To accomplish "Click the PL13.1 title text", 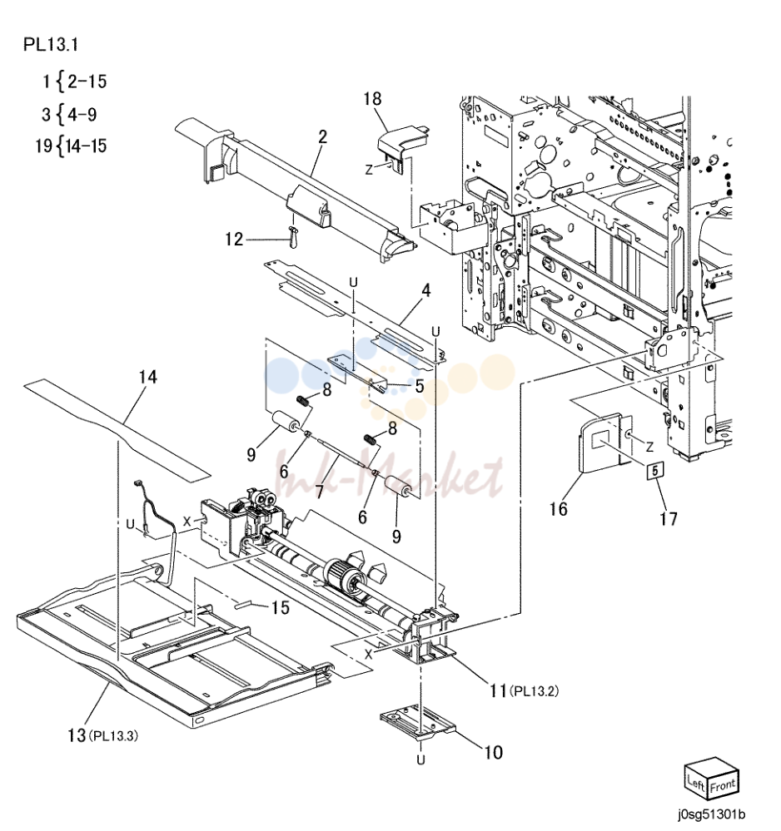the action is pyautogui.click(x=51, y=45).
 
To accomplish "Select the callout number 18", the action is pyautogui.click(x=372, y=99).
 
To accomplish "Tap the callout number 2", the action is pyautogui.click(x=323, y=136).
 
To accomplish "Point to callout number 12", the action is pyautogui.click(x=234, y=239).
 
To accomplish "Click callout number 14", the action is pyautogui.click(x=148, y=377).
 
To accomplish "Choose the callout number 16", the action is pyautogui.click(x=558, y=509).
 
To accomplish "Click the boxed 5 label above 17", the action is pyautogui.click(x=654, y=470).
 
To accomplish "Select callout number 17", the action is pyautogui.click(x=669, y=518).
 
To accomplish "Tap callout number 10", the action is pyautogui.click(x=494, y=752).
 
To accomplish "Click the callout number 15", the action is pyautogui.click(x=281, y=607).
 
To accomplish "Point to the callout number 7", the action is pyautogui.click(x=319, y=492).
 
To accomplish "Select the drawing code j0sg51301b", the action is pyautogui.click(x=711, y=814).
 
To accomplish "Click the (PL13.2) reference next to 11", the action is pyautogui.click(x=534, y=691).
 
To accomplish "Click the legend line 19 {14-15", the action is pyautogui.click(x=71, y=146).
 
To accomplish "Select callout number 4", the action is pyautogui.click(x=426, y=290).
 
